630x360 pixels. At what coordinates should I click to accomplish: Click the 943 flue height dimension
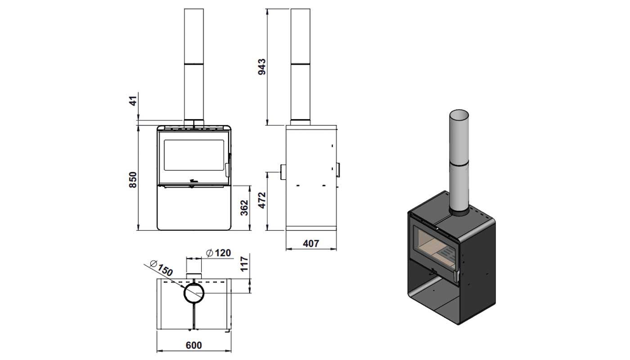tap(262, 67)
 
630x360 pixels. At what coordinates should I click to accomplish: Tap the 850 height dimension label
tap(133, 180)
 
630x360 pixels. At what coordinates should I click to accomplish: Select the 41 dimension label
tap(133, 101)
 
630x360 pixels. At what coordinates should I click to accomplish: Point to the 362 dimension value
tap(244, 208)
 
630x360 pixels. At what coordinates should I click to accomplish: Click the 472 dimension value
tap(262, 200)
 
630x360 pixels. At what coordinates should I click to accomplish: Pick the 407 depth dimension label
tap(311, 243)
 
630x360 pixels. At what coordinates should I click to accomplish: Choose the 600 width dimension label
tap(194, 346)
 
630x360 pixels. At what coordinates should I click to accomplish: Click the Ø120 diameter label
tap(218, 253)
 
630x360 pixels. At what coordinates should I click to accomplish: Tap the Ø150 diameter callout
tap(161, 268)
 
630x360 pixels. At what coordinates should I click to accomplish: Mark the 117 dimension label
tap(244, 264)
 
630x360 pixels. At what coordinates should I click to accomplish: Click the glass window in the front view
tap(194, 155)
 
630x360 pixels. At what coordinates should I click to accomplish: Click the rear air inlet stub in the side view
tap(283, 172)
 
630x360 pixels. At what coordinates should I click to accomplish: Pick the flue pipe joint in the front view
tap(194, 63)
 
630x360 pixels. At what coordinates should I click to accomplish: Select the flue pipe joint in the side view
tap(301, 63)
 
